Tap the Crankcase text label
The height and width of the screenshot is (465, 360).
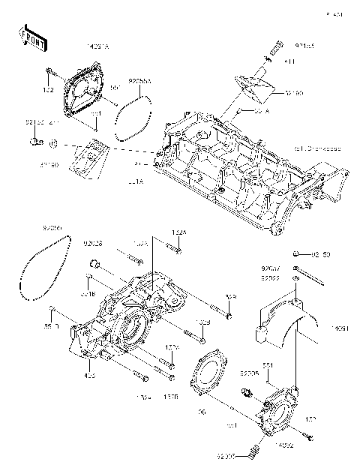coord(317,148)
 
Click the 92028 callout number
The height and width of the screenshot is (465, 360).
coord(93,243)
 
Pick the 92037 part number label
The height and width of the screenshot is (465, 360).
coord(270,267)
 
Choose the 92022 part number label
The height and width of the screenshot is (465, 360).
coord(270,277)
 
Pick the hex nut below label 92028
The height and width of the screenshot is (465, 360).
coord(95,262)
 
